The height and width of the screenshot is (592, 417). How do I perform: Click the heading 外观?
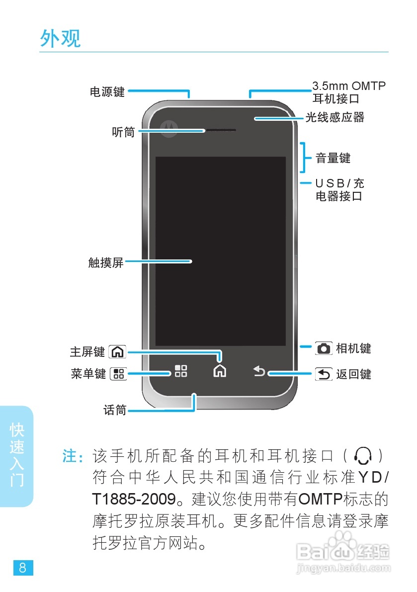pyautogui.click(x=60, y=39)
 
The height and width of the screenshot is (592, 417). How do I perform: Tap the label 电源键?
pyautogui.click(x=107, y=92)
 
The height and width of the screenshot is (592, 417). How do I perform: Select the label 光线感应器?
pyautogui.click(x=334, y=117)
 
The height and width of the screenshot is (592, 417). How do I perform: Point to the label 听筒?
pyautogui.click(x=123, y=132)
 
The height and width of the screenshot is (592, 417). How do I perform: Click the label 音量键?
pyautogui.click(x=333, y=158)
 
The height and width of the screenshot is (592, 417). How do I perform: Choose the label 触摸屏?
pyautogui.click(x=106, y=262)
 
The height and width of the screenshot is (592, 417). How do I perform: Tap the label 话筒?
pyautogui.click(x=115, y=410)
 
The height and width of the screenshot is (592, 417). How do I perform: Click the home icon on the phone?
pyautogui.click(x=219, y=370)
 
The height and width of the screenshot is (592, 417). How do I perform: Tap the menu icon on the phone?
pyautogui.click(x=180, y=371)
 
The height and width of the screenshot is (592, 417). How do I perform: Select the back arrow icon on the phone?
pyautogui.click(x=259, y=371)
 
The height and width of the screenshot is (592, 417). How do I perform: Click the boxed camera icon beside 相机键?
pyautogui.click(x=324, y=348)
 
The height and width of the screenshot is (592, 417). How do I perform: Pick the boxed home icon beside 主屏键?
pyautogui.click(x=117, y=352)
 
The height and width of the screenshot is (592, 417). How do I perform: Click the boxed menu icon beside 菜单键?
pyautogui.click(x=118, y=374)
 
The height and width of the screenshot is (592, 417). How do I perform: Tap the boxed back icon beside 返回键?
pyautogui.click(x=324, y=374)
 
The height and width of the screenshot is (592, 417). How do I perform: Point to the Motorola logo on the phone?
pyautogui.click(x=169, y=128)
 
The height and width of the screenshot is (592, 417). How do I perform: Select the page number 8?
pyautogui.click(x=23, y=568)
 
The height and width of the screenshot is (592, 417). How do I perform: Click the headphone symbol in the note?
pyautogui.click(x=363, y=455)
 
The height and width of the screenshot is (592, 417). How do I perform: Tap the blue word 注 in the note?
pyautogui.click(x=69, y=456)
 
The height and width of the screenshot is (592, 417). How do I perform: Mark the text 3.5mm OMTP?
pyautogui.click(x=349, y=86)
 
